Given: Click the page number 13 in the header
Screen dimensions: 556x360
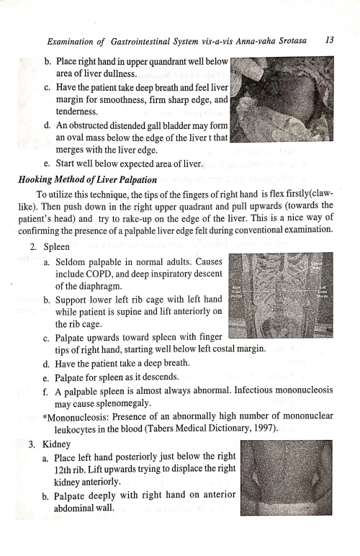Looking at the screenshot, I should click(x=329, y=41).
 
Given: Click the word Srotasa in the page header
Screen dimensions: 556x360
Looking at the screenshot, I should click(x=283, y=42).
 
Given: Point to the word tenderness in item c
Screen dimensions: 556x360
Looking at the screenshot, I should click(x=82, y=112).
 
